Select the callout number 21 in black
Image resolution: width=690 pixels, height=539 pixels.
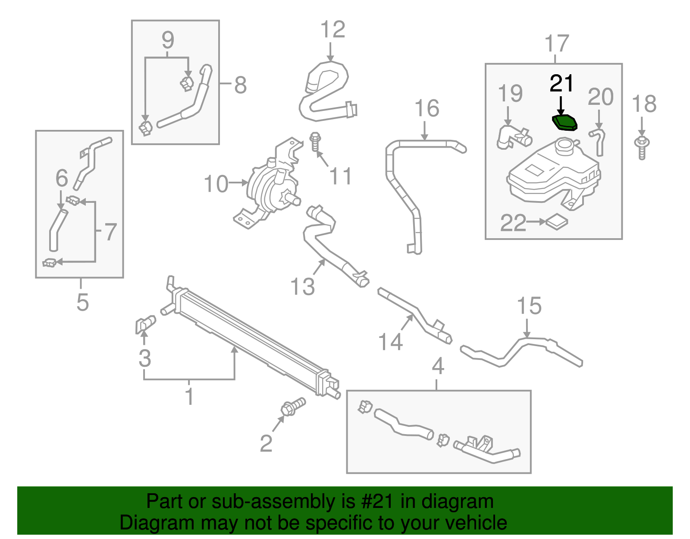coord(561,83)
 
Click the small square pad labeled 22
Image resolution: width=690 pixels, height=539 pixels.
coord(557,222)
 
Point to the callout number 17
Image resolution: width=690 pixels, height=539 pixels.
coord(557,44)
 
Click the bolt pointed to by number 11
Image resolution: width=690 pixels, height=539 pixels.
coord(316,142)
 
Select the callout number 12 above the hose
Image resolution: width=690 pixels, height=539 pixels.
coord(332,30)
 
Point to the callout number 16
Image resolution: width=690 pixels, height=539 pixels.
coord(427,108)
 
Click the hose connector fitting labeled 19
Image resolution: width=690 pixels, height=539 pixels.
coord(513,137)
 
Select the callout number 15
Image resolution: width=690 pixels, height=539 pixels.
coord(529,306)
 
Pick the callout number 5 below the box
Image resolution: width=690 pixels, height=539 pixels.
coord(82,302)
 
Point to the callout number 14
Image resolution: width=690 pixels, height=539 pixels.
coord(390,342)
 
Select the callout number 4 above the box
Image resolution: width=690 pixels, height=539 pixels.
coord(438,366)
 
